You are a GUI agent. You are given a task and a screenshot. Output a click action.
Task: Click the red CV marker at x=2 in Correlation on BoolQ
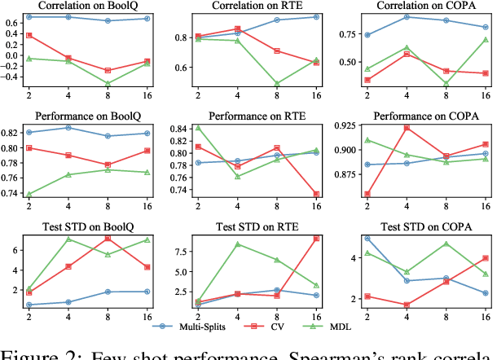click(29, 35)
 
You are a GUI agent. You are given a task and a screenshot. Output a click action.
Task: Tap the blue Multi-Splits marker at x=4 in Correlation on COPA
click(407, 16)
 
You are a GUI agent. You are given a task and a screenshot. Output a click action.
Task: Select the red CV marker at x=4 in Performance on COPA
click(407, 128)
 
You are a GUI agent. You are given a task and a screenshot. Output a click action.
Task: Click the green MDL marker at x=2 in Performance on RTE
click(199, 127)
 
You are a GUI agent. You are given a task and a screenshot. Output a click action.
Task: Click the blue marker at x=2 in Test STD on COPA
click(367, 239)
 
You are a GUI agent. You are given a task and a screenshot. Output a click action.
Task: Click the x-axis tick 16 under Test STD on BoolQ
click(147, 317)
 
